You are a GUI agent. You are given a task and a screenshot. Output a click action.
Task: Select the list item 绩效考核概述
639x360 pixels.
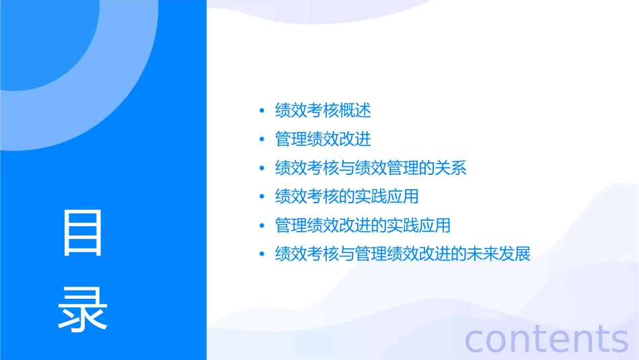[x=323, y=110]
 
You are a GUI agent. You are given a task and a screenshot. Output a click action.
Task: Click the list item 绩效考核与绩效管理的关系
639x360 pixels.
[x=371, y=168]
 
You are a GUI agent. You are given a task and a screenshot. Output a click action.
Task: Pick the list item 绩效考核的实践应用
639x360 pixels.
[x=347, y=196]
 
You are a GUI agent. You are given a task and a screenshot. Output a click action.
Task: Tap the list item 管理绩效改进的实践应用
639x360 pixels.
[x=363, y=225]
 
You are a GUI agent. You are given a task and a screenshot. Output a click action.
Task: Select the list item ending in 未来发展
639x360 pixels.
[x=403, y=254]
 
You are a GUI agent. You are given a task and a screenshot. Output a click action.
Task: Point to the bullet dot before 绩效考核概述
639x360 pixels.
[x=262, y=111]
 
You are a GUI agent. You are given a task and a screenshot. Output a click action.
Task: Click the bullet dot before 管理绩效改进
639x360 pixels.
[x=262, y=140]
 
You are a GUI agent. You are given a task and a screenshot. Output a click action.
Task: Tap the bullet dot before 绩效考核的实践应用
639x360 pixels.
[x=262, y=197]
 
